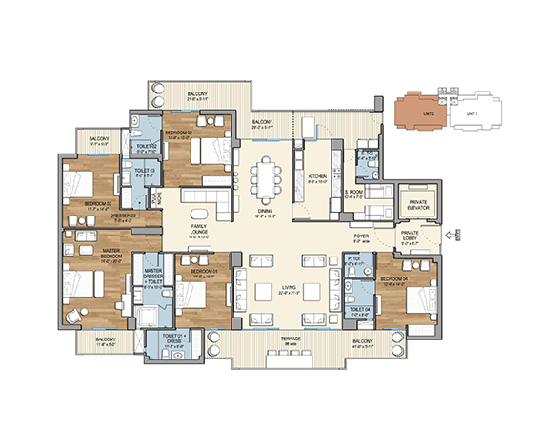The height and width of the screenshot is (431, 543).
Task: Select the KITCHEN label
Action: (317, 177)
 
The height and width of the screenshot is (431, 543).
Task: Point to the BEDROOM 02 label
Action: (178, 133)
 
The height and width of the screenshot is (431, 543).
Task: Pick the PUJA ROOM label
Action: (153, 198)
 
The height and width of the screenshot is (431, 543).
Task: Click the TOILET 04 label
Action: (359, 310)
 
